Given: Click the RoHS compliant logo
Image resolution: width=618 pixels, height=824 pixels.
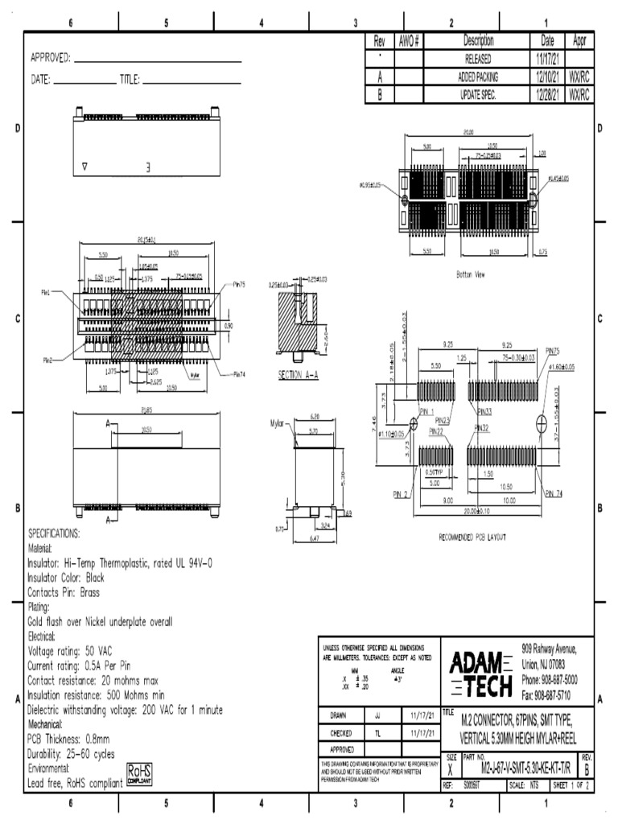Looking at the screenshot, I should click(x=141, y=773).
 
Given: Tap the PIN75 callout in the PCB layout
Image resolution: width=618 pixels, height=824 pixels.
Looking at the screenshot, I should click(x=551, y=351).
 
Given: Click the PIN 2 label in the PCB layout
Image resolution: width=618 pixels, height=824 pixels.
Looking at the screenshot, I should click(x=401, y=493).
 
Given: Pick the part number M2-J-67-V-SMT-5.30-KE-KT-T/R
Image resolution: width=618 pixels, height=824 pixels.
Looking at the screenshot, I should click(x=520, y=769).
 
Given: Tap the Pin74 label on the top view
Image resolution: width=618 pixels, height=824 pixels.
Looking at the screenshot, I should click(x=239, y=374).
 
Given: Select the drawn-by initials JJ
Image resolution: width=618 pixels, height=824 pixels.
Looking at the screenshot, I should click(x=378, y=714).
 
